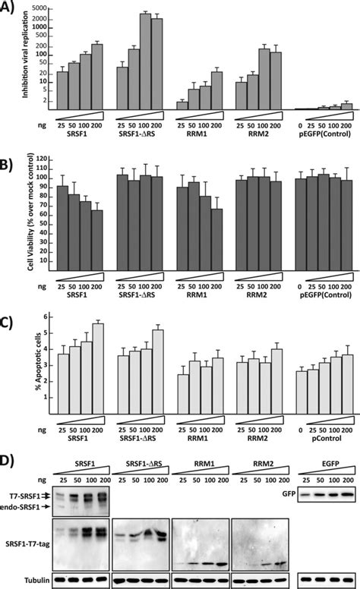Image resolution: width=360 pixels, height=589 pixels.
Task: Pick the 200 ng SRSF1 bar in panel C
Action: pos(97,368)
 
